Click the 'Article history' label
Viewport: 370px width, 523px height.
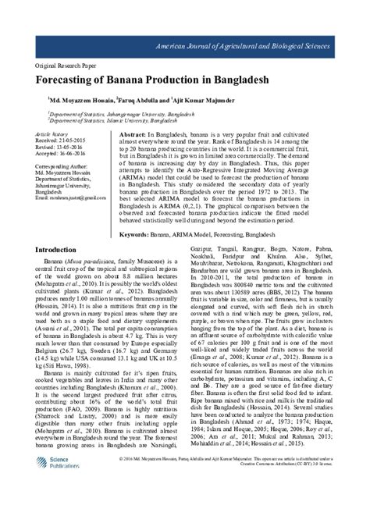[x=50, y=134]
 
